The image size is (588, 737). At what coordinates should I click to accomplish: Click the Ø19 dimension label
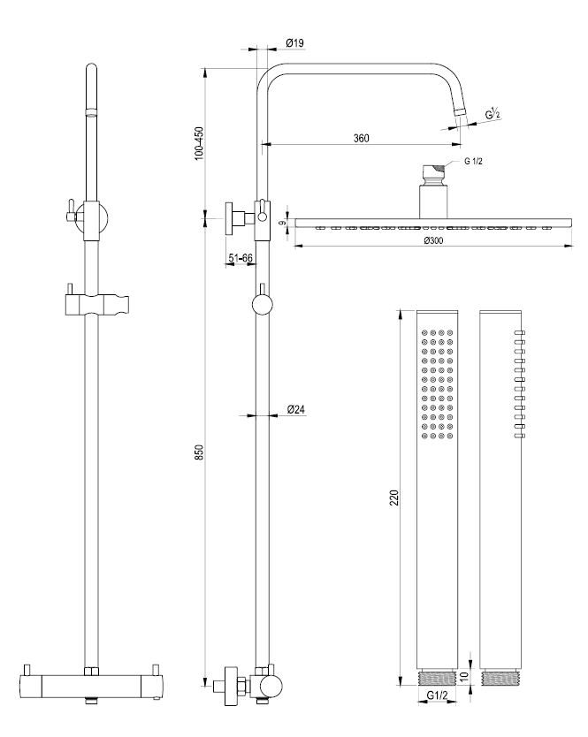[295, 42]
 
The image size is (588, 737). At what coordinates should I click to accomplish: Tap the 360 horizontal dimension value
[362, 138]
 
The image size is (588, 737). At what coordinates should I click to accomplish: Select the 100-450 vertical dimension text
[200, 143]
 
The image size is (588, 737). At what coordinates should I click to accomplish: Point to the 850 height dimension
[200, 452]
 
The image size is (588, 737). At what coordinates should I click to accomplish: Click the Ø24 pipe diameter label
[296, 409]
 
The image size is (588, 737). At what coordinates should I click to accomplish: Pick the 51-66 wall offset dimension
[241, 258]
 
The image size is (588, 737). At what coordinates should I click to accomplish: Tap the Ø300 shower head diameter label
[433, 240]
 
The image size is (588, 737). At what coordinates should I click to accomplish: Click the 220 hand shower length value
[393, 498]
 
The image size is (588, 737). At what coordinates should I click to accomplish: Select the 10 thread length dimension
[464, 677]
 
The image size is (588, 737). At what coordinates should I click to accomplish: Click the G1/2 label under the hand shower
[437, 695]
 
